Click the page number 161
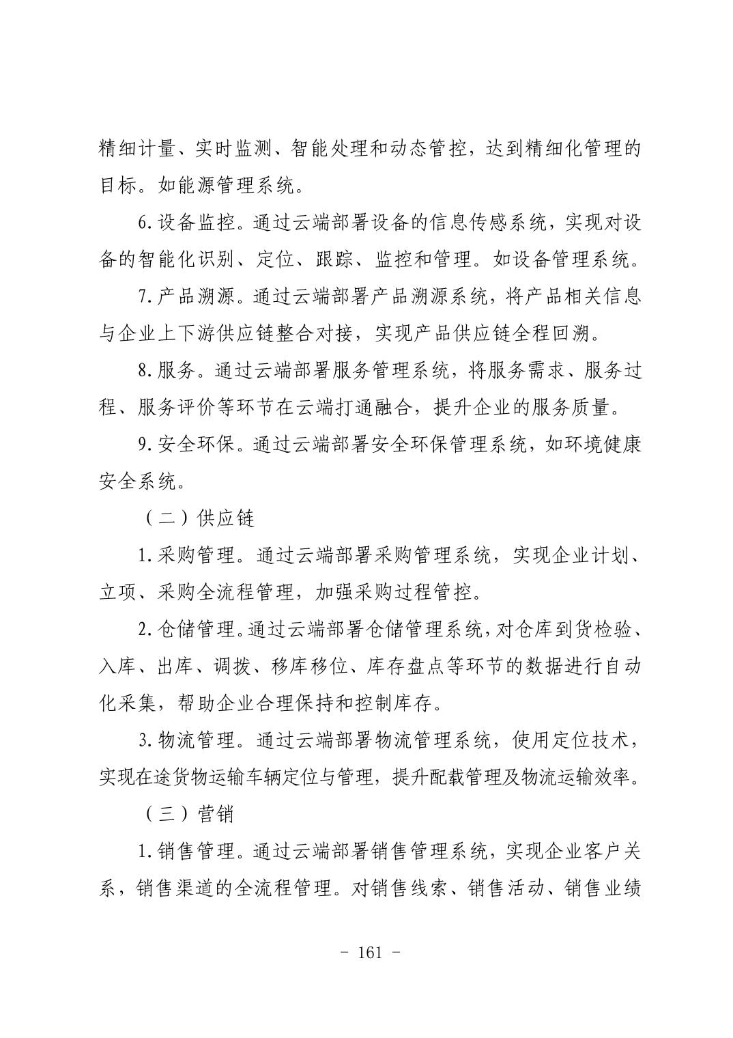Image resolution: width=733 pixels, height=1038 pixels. pyautogui.click(x=369, y=953)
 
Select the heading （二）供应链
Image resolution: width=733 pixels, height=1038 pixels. pyautogui.click(x=199, y=518)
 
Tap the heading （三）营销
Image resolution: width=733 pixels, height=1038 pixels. pyautogui.click(x=189, y=814)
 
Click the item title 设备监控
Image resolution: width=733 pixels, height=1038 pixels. pyautogui.click(x=196, y=223)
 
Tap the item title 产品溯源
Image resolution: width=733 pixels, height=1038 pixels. pyautogui.click(x=196, y=296)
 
